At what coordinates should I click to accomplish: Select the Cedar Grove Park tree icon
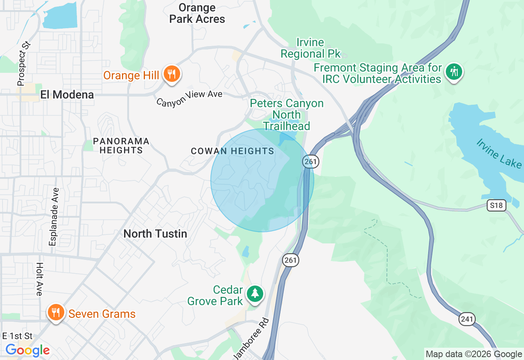[255, 293]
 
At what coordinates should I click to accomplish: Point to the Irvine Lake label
[499, 153]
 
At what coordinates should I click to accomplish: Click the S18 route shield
[496, 205]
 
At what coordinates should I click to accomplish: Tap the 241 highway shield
[467, 319]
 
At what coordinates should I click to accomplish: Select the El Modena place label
[67, 95]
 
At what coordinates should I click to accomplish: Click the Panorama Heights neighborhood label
[121, 146]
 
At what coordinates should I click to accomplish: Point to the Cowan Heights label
[233, 151]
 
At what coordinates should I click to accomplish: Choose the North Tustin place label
[155, 234]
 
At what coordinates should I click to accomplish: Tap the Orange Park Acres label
[197, 13]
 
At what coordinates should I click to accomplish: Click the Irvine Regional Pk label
[310, 48]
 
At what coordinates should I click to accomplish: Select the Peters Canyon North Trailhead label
[287, 115]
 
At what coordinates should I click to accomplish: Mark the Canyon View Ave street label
[189, 99]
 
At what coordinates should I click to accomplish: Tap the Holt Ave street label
[39, 279]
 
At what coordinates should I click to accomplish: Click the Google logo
[27, 350]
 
